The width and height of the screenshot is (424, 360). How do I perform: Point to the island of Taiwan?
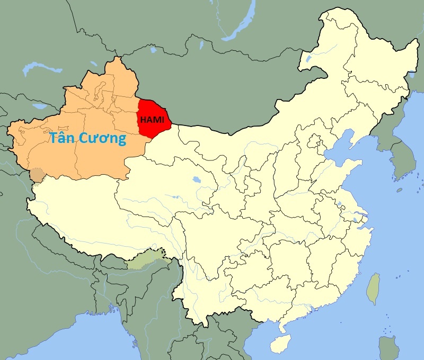[374, 289]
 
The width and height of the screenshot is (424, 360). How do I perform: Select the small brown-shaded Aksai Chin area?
[37, 174]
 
